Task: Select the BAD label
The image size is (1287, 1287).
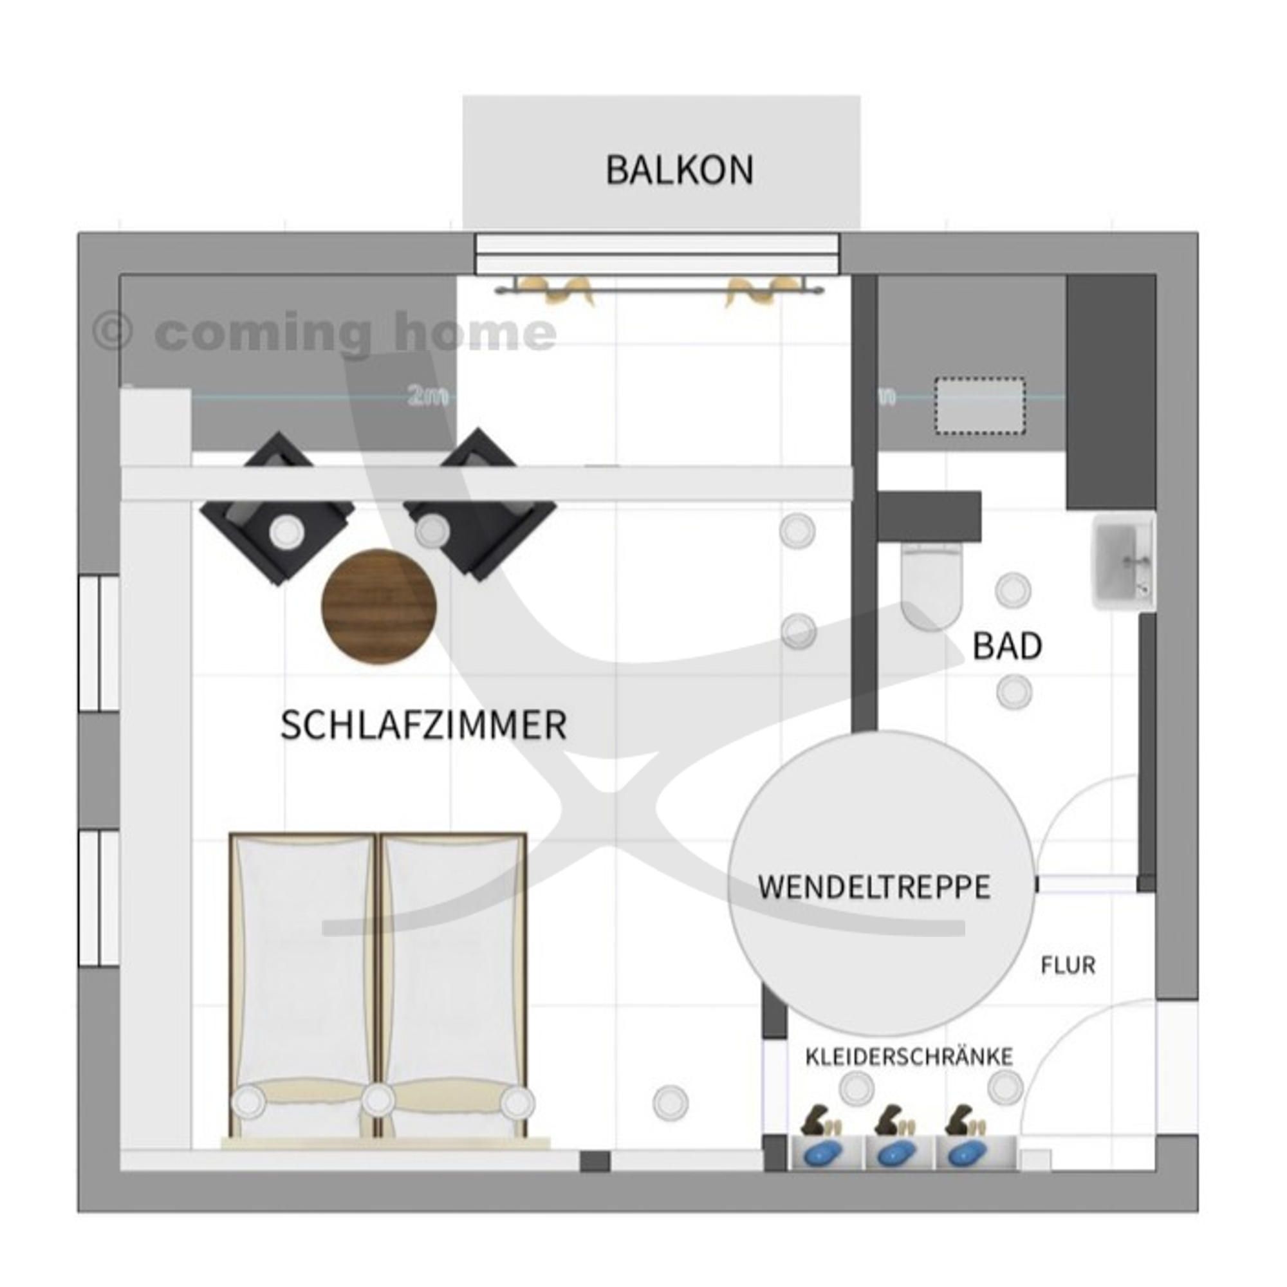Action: tap(1006, 645)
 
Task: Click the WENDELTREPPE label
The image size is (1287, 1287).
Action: tap(874, 887)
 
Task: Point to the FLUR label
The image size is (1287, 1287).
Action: tap(1068, 965)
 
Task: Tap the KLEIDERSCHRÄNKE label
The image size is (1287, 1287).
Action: tap(909, 1057)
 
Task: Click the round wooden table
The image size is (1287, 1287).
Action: tap(379, 607)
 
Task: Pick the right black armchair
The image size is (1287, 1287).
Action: tap(480, 505)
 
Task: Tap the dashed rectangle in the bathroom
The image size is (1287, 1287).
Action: tap(979, 405)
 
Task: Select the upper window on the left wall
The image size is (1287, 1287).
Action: tap(99, 643)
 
